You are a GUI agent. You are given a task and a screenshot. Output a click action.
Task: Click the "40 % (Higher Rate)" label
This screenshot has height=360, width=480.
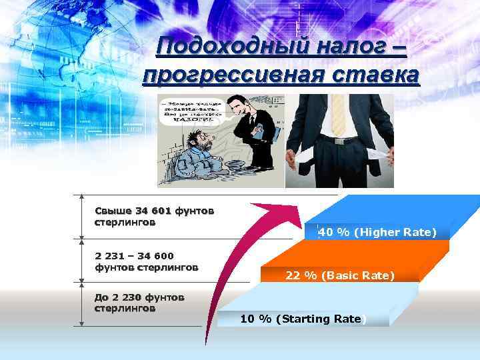(377, 232)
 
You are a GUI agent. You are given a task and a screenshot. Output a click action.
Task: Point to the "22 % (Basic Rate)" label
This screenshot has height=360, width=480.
(340, 275)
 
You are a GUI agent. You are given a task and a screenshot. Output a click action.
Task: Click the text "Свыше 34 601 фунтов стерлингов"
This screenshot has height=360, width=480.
(154, 217)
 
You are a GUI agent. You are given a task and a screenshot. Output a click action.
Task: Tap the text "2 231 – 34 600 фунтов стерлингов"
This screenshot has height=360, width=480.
(147, 261)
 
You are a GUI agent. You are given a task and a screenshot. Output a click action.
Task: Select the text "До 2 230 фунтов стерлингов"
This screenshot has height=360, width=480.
(139, 303)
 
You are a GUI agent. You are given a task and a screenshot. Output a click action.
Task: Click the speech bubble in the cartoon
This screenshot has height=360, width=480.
(193, 113)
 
